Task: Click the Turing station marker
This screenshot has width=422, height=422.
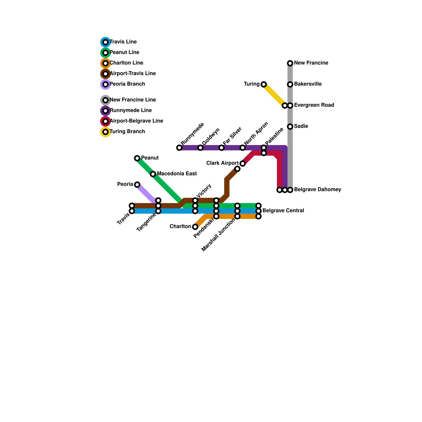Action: [264, 84]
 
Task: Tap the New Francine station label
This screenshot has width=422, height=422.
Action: [311, 63]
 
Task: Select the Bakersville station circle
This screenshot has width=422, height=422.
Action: [290, 84]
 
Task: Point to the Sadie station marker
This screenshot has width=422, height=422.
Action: [290, 127]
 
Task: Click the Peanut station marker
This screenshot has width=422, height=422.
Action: [137, 158]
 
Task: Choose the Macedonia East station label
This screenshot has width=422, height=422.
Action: [177, 174]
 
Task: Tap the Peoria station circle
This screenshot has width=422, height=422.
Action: [137, 185]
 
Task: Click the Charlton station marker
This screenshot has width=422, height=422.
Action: [195, 227]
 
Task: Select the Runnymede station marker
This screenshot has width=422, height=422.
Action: [179, 148]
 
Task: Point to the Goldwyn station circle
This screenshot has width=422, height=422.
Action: [200, 148]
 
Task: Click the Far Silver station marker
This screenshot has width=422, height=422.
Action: [222, 148]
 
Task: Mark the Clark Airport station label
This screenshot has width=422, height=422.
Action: [222, 163]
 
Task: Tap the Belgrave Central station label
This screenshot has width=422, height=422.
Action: [283, 211]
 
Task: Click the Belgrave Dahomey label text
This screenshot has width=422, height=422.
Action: [318, 190]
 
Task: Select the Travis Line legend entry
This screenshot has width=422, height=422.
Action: [123, 42]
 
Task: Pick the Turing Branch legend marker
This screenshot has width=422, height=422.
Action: [105, 132]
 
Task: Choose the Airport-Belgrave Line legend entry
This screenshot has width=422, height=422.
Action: [136, 121]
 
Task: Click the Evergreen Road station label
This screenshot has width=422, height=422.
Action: [314, 105]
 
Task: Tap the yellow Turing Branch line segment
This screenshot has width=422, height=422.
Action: [274, 95]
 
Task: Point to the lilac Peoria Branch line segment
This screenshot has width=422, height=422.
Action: [146, 194]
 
